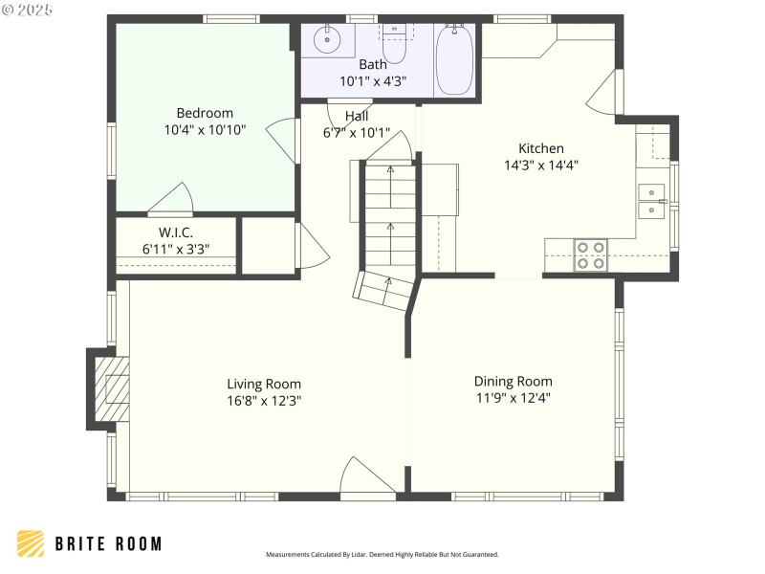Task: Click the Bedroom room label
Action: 204,113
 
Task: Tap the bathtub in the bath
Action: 454,59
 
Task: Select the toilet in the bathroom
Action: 394,43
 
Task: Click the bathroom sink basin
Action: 328,41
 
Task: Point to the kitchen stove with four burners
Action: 590,254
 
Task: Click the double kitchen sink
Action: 651,199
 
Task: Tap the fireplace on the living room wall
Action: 110,387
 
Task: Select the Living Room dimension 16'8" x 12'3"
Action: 264,400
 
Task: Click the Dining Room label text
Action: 513,381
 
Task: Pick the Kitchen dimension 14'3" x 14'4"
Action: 541,165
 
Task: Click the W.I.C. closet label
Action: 175,232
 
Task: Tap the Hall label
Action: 357,116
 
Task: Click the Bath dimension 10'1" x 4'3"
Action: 373,81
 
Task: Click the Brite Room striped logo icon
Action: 31,543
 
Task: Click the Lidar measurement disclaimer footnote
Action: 382,554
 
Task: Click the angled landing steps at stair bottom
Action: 384,290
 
